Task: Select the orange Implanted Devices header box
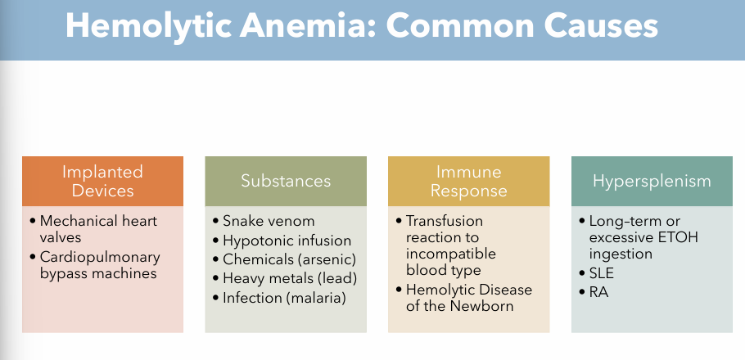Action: point(102,181)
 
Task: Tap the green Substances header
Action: point(286,181)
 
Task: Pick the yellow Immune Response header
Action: point(468,181)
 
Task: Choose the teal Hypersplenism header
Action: point(652,181)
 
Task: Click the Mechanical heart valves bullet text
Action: point(97,229)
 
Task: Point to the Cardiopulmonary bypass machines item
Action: point(97,265)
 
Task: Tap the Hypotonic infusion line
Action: point(287,241)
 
